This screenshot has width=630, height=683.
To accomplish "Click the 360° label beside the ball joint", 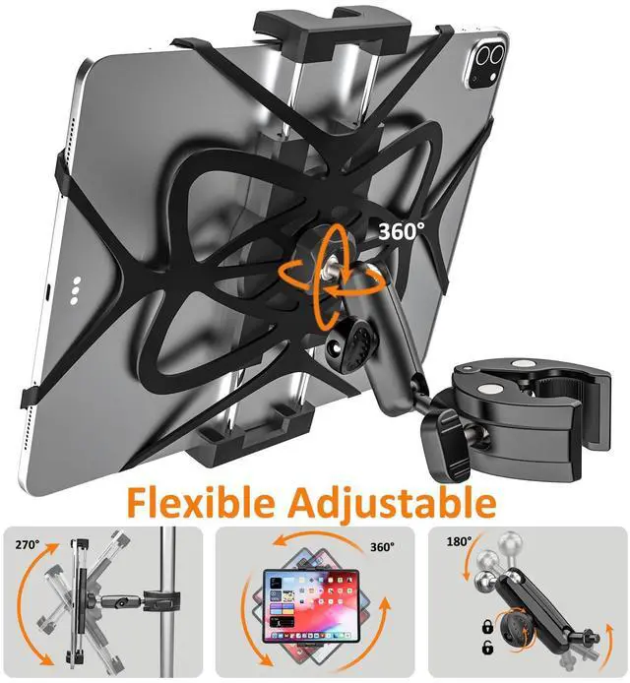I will (x=402, y=231).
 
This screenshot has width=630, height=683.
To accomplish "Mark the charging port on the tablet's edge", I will (x=48, y=293).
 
